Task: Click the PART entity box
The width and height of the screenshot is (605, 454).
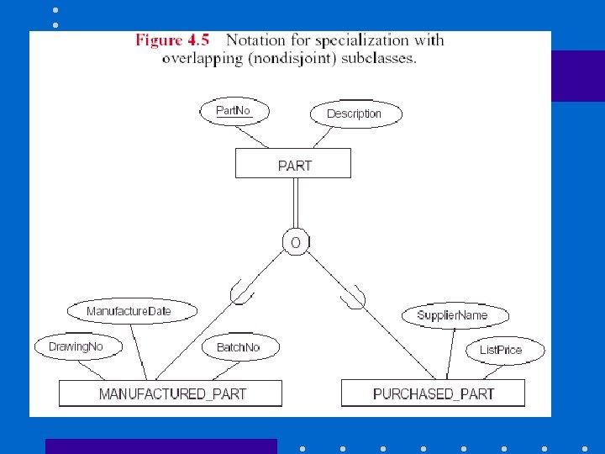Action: point(293,164)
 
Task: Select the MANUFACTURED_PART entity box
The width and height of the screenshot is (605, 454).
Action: point(171,393)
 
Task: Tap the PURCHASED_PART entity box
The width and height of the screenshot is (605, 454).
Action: point(433,393)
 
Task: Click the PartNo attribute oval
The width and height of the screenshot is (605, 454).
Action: point(234,111)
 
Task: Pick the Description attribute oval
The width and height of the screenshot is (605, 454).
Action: point(353,113)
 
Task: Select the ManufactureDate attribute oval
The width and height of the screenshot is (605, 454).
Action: point(129,311)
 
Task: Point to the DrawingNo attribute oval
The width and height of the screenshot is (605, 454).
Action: point(76,346)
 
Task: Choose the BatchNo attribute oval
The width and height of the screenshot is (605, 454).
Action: point(239,346)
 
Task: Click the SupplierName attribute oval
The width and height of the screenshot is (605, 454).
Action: point(452,315)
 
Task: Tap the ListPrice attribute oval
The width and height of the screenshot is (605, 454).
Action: point(501,350)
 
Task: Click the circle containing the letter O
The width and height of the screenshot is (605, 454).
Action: point(295,242)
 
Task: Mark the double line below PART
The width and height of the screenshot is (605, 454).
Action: point(295,203)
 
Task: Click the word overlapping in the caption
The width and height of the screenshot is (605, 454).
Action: point(198,59)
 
